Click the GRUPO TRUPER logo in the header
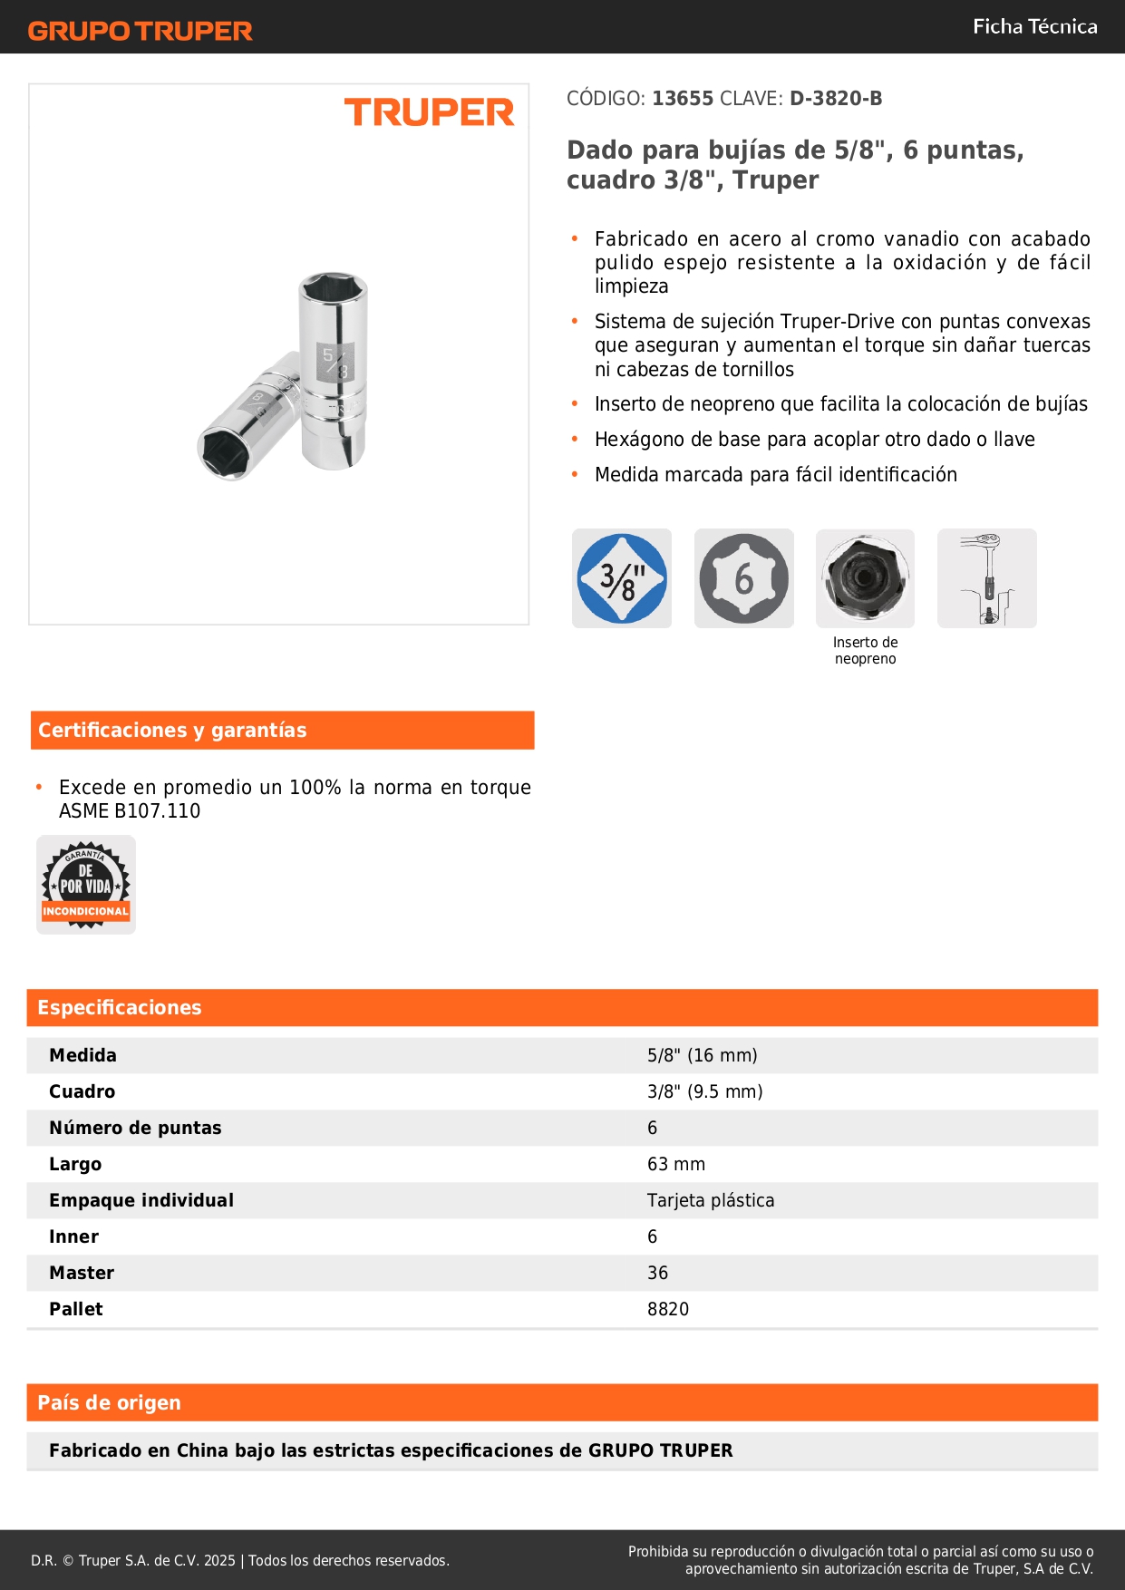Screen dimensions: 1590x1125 coord(140,31)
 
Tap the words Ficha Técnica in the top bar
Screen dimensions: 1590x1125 coord(1034,26)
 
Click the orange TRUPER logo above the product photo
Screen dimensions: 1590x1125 coord(429,112)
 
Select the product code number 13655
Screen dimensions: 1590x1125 coord(683,98)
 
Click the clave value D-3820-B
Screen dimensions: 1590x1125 coord(835,98)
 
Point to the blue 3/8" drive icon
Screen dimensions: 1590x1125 coord(622,578)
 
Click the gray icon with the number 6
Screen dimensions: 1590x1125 coord(743,578)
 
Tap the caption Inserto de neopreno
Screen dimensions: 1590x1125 coord(865,650)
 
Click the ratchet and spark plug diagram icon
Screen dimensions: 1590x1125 coord(986,578)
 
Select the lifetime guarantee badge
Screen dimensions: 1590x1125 coord(86,885)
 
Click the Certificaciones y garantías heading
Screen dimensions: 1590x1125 coord(172,731)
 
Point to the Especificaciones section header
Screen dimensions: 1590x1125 coord(120,1008)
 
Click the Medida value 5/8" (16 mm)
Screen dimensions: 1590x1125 coord(702,1055)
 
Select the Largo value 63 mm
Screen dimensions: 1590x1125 coord(675,1164)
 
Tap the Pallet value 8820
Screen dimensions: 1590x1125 coord(668,1309)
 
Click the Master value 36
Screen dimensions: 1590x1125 coord(657,1273)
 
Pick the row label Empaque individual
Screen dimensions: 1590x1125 coord(141,1200)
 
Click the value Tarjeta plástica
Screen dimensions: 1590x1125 coord(710,1200)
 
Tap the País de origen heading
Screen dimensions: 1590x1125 coord(109,1403)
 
